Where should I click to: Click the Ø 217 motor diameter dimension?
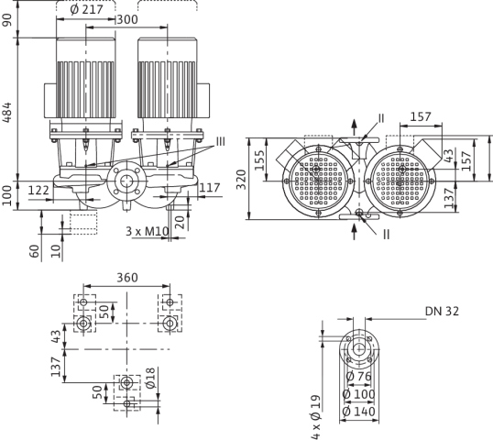click(x=86, y=9)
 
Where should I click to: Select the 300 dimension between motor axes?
click(x=127, y=19)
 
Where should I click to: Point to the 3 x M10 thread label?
click(x=148, y=231)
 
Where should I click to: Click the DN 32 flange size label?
click(x=442, y=311)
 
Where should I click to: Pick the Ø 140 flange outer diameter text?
click(x=358, y=412)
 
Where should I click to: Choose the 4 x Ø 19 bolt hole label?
click(x=315, y=417)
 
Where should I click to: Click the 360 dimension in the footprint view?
click(x=127, y=278)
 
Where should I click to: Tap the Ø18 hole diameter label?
click(x=150, y=378)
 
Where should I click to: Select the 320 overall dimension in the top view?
click(x=241, y=180)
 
